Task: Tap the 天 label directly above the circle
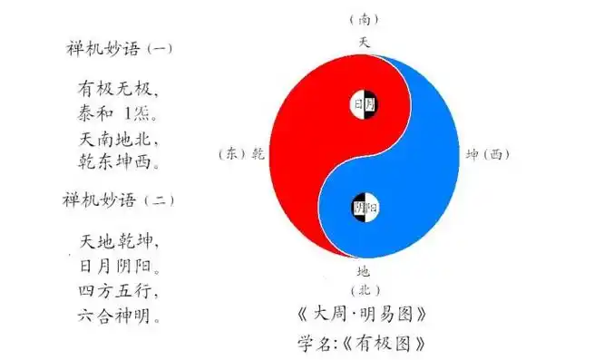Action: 364,42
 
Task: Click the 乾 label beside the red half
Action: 258,154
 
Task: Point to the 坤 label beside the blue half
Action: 472,154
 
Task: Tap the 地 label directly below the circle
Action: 363,270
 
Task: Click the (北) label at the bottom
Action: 363,290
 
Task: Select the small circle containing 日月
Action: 365,105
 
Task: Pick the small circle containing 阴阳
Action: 365,208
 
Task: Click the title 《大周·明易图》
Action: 362,316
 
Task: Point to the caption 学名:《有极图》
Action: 361,344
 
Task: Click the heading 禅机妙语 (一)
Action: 119,48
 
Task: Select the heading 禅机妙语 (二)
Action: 119,199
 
